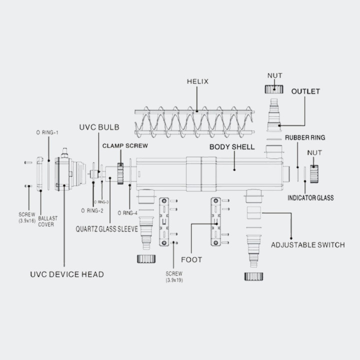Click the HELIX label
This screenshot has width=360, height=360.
coord(197,81)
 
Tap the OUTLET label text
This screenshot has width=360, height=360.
coord(305,91)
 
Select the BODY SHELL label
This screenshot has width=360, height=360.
coord(232,147)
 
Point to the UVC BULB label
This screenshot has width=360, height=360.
coord(98,127)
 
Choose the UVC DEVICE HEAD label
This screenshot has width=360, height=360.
coord(66,274)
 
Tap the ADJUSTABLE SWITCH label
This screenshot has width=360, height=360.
coord(307,244)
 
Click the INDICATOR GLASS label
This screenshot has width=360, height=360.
coord(310,198)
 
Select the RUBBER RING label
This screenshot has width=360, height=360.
coord(305,137)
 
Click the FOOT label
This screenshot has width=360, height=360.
coord(191,260)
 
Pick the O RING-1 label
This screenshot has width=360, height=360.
coord(47,132)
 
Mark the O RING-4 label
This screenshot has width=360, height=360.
coord(127,213)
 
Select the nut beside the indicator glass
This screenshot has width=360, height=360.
coord(314,173)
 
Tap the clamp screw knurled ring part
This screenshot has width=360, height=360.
coord(120,173)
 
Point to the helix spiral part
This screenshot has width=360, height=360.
coord(195,120)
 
